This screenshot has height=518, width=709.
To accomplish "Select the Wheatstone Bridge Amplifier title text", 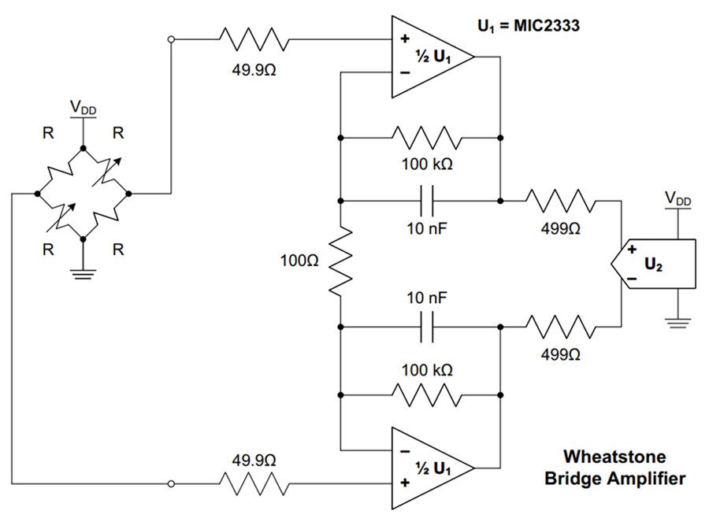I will point(614,467).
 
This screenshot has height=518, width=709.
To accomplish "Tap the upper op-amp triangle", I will point(429,57).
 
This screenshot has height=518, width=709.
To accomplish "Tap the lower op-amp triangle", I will point(429,467).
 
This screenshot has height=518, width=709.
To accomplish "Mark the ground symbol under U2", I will point(677,321).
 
